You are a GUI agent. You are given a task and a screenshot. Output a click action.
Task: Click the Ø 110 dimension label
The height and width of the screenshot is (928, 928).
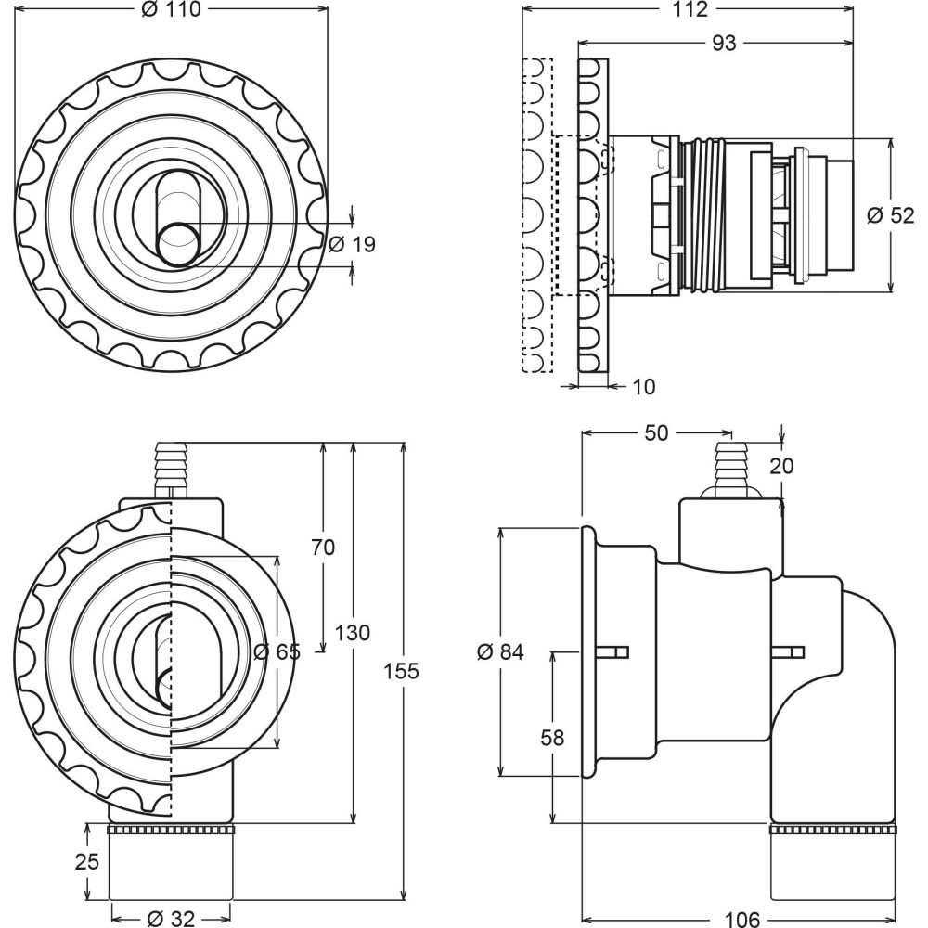click(172, 10)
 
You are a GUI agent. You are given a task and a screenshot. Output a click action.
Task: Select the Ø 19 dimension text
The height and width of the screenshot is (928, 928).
click(352, 245)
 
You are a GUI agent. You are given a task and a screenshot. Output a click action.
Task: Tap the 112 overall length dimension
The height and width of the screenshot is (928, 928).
click(688, 10)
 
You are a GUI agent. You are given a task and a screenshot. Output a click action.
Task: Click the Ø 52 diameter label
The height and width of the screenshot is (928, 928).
click(890, 215)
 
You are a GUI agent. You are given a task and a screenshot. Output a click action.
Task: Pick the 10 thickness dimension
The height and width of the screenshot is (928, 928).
click(643, 386)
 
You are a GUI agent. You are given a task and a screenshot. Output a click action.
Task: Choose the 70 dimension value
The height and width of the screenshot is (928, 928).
click(322, 548)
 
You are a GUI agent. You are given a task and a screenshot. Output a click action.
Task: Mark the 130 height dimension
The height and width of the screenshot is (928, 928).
click(354, 633)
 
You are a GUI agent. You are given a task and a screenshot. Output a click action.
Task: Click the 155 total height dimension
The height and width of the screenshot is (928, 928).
click(403, 670)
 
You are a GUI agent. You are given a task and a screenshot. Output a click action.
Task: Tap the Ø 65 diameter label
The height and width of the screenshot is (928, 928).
click(277, 651)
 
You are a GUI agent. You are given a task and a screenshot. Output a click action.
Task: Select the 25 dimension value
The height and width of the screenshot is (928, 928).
click(86, 861)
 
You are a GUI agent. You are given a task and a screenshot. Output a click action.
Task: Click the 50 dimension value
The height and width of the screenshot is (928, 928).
click(658, 433)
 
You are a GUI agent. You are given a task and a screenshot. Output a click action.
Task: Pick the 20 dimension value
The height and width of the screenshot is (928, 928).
click(782, 466)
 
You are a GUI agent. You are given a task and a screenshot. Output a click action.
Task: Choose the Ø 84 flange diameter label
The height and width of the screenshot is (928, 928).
click(500, 652)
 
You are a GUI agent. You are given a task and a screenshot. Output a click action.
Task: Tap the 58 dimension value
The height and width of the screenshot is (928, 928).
click(552, 738)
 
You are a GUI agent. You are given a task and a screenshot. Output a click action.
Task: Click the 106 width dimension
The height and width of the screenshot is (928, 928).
click(740, 919)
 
